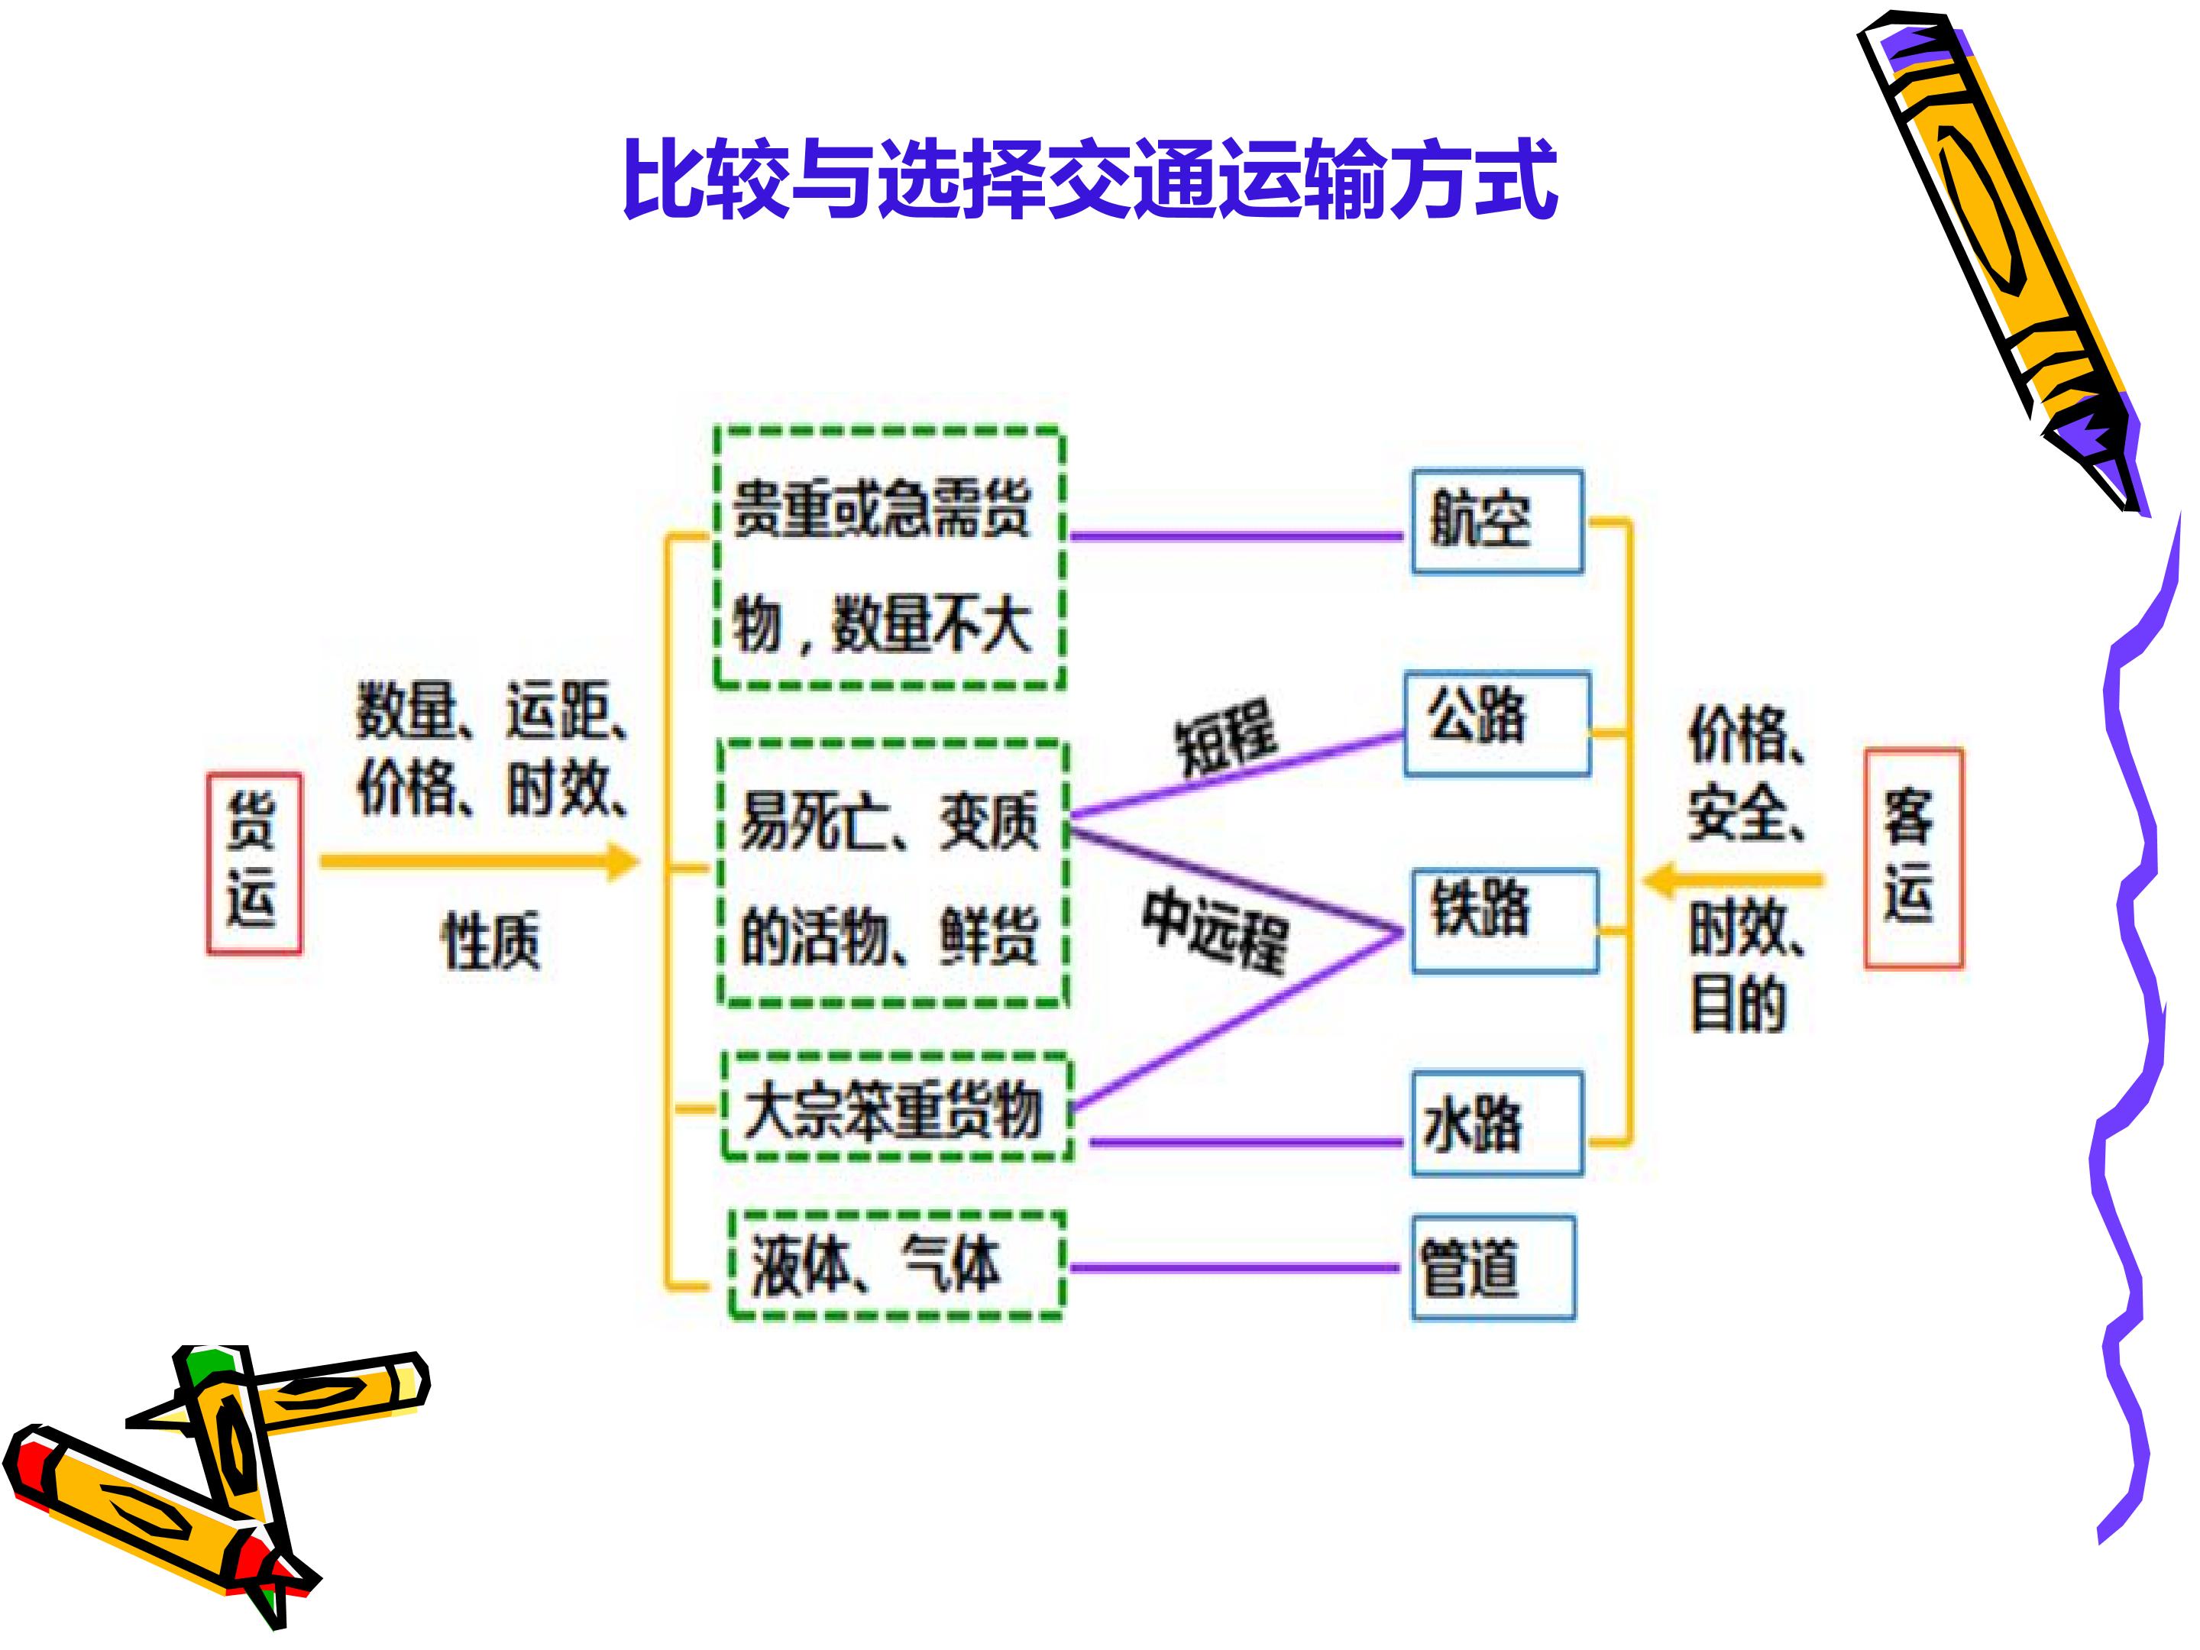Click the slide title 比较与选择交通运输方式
tap(1090, 179)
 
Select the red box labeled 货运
tap(254, 862)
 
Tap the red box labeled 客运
tap(1913, 857)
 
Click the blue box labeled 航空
tap(1496, 521)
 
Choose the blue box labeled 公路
tap(1496, 724)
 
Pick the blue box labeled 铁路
tap(1505, 920)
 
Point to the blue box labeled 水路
tap(1496, 1123)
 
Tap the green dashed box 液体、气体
tap(896, 1266)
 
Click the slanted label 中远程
tap(1215, 930)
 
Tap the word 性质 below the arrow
tap(490, 940)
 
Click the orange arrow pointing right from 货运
tap(477, 862)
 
